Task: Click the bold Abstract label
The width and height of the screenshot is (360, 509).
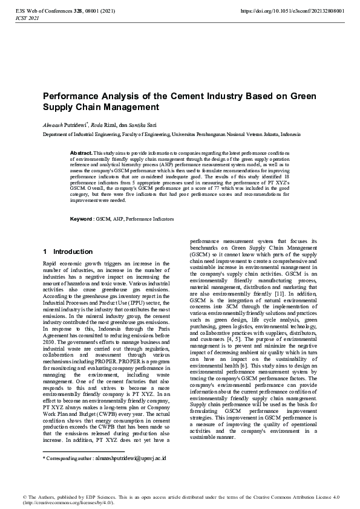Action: click(x=81, y=154)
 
